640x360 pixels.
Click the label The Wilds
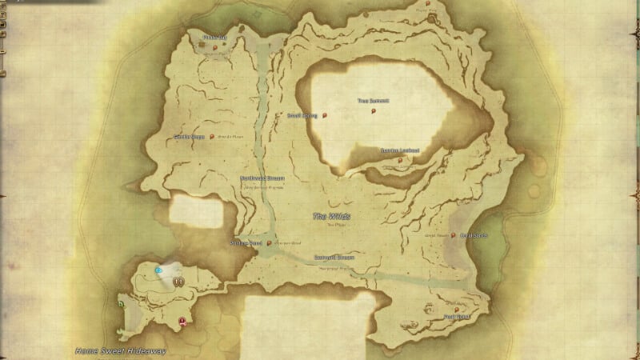tap(331, 217)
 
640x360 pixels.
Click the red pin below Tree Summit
tap(374, 112)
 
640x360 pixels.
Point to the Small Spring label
tap(302, 115)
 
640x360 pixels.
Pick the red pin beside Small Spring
tap(326, 115)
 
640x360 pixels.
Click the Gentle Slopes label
tap(189, 137)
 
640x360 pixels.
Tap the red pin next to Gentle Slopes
tap(212, 137)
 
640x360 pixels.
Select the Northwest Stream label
tap(262, 178)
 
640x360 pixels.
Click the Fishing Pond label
tap(246, 242)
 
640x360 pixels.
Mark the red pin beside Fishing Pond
tap(270, 242)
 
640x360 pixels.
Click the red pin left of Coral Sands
tap(454, 235)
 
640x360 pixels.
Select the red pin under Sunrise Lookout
tap(400, 160)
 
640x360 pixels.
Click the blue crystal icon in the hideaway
tap(159, 270)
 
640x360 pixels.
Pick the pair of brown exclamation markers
tap(180, 282)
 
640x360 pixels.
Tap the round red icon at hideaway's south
tap(183, 321)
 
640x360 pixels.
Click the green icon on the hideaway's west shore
tap(121, 304)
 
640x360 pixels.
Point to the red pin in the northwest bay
tap(215, 48)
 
